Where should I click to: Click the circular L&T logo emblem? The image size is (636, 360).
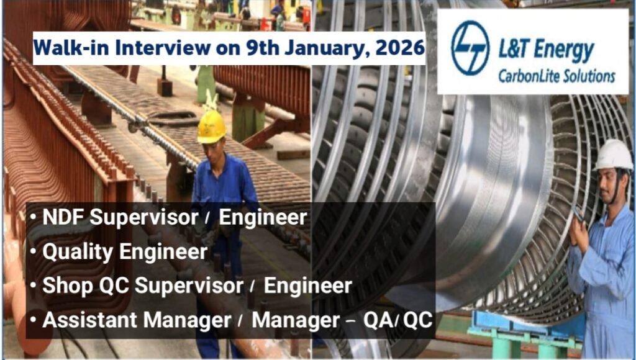[x=471, y=48]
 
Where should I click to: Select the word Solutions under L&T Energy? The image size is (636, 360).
[x=587, y=76]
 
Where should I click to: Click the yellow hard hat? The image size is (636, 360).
[x=211, y=126]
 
